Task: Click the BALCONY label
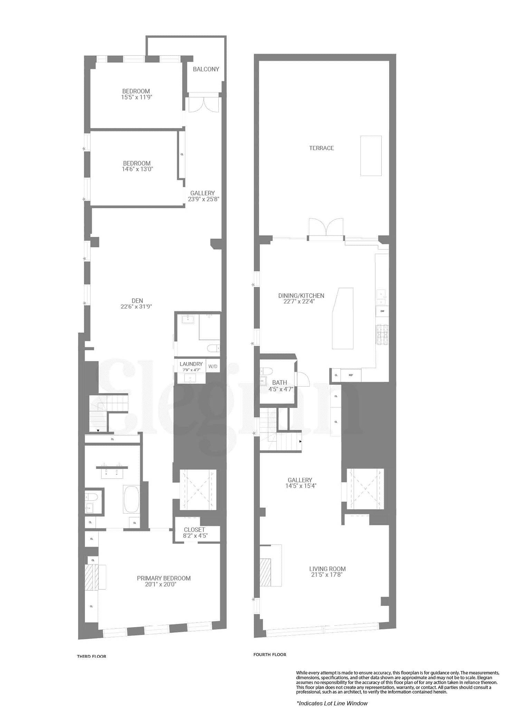point(206,69)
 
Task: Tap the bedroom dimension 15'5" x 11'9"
point(136,97)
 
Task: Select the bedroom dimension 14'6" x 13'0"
point(137,169)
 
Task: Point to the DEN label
point(137,301)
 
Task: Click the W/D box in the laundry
point(213,366)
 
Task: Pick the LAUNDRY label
point(191,364)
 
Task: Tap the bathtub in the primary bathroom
point(131,499)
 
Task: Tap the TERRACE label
point(322,148)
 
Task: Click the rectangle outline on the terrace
point(371,156)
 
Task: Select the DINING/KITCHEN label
point(301,296)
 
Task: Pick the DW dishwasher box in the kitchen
point(382,311)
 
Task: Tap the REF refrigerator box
point(351,375)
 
